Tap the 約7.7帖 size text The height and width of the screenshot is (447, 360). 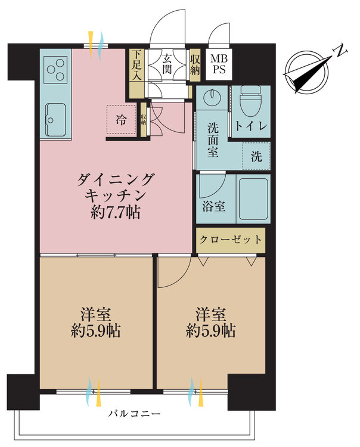click(x=117, y=212)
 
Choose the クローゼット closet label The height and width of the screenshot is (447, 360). click(x=231, y=240)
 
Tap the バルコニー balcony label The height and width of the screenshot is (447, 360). click(x=134, y=414)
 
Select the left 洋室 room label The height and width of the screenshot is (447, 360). click(x=95, y=322)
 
